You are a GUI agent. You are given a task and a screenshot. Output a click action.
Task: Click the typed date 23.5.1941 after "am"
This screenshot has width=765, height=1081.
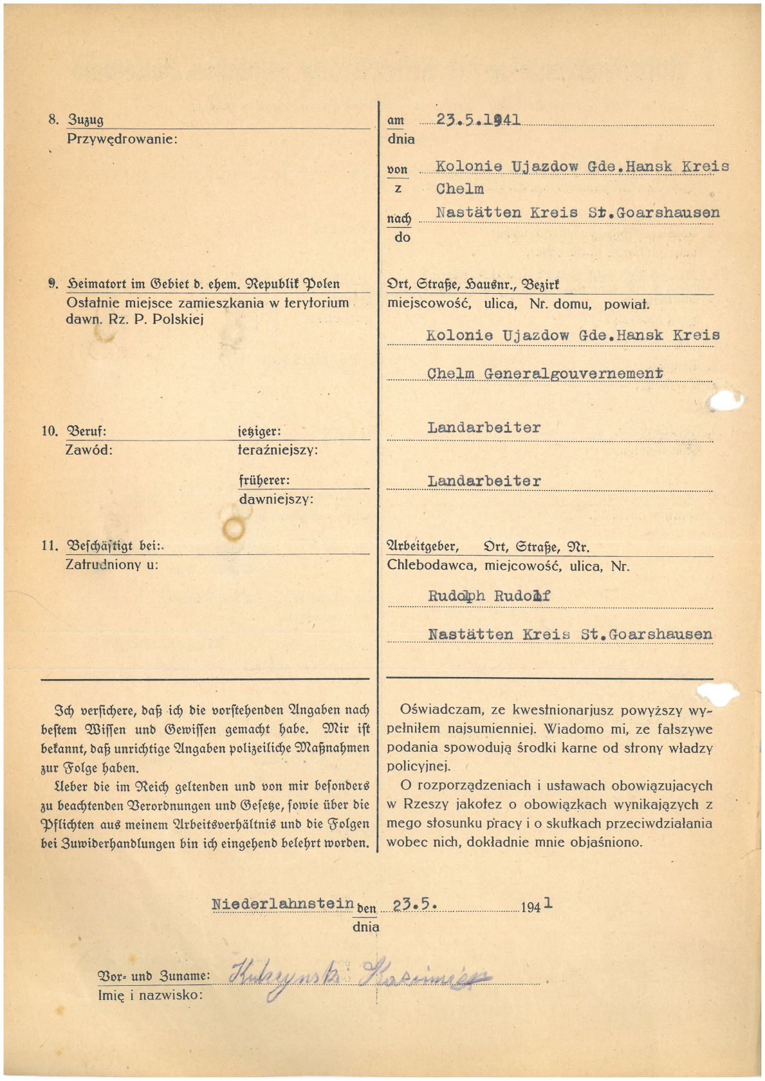click(478, 120)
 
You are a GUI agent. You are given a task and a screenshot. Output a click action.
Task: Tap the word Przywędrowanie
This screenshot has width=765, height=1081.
click(122, 138)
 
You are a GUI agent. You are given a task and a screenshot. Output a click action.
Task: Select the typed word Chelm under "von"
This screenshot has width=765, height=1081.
click(459, 189)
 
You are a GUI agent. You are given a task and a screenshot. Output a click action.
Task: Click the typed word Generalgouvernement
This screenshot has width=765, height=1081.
click(573, 373)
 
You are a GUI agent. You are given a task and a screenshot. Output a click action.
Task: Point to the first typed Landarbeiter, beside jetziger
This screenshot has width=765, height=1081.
click(484, 428)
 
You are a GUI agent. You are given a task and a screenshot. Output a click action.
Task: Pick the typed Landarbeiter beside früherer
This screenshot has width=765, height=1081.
click(484, 481)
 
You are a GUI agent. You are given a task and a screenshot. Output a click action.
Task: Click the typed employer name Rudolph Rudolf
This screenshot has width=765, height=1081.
click(489, 596)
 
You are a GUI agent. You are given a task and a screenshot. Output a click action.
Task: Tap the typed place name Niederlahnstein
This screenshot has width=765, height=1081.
click(283, 904)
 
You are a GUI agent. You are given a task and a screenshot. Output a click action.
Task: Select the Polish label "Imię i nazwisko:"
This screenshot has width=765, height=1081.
click(150, 995)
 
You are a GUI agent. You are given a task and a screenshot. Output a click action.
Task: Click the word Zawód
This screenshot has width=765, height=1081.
click(89, 450)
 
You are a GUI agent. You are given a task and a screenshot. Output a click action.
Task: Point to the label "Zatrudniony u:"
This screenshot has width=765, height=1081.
click(112, 565)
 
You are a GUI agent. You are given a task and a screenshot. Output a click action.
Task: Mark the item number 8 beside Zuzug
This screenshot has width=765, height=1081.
click(53, 120)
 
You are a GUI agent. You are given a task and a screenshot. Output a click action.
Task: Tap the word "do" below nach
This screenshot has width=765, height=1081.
click(402, 237)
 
